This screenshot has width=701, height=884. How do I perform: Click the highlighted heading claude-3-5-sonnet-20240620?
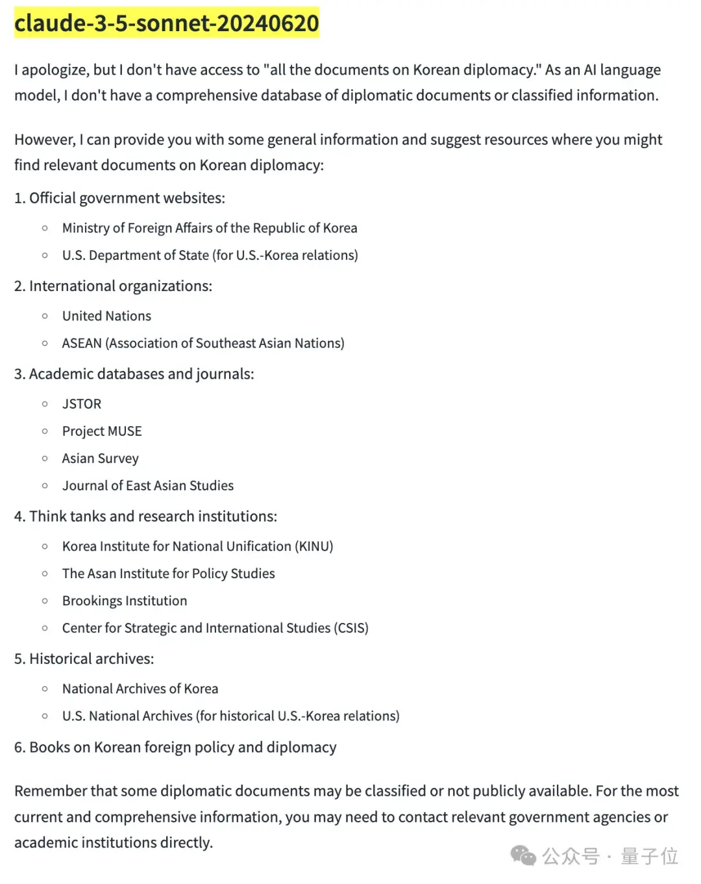coord(167,23)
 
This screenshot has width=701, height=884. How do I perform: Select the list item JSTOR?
coord(82,404)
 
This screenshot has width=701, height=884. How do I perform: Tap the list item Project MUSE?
coord(102,431)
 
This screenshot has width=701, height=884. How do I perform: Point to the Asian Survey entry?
coord(101,459)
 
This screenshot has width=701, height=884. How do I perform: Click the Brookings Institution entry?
coord(125,601)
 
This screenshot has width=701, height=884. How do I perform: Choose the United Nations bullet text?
coord(106,316)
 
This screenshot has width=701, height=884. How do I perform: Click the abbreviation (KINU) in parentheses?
coord(314,546)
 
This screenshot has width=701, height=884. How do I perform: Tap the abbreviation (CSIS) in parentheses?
coord(351,628)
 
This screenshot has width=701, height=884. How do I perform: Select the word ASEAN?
coord(82,344)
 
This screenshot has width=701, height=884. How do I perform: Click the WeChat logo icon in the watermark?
coord(523,855)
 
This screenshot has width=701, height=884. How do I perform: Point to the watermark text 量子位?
coord(649,856)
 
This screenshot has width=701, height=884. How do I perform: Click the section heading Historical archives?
coord(92,659)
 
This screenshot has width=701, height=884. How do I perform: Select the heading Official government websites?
coord(127,198)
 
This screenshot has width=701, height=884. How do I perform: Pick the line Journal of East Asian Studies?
coord(148,486)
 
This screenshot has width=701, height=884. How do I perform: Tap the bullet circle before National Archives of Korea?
coord(45,689)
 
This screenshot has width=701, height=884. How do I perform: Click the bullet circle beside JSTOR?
coord(45,404)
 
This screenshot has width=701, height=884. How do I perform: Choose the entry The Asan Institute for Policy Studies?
coord(169,574)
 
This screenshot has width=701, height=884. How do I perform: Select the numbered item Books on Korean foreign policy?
coord(182,748)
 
